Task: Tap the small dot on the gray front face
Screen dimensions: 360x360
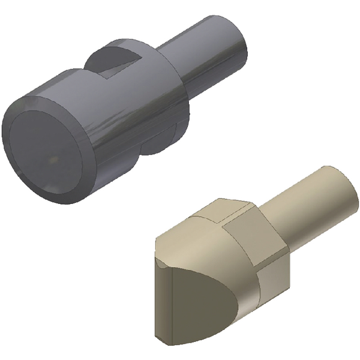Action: (52, 160)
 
